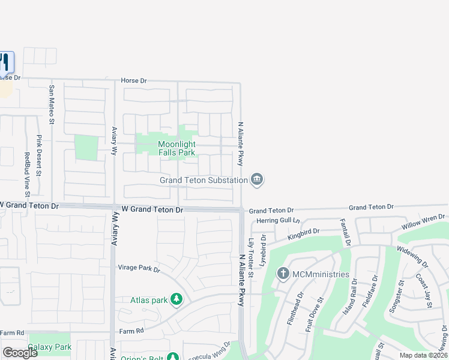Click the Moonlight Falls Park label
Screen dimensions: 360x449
pos(176,148)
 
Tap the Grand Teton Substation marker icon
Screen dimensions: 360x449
pos(257,179)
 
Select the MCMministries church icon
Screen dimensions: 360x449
pos(283,274)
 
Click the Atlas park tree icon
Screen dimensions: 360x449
pos(176,299)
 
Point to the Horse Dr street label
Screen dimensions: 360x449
pos(134,80)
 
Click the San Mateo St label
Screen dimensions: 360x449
pos(52,105)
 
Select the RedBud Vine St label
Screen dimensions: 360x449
pos(27,175)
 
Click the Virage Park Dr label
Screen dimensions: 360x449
pos(139,269)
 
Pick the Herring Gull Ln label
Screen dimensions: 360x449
pos(278,221)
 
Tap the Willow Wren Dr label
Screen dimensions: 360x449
pos(424,226)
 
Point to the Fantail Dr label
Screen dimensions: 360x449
pos(346,232)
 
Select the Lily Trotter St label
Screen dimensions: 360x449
pos(252,259)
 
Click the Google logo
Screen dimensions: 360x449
pos(20,353)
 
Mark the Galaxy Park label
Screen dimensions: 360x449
pos(50,347)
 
